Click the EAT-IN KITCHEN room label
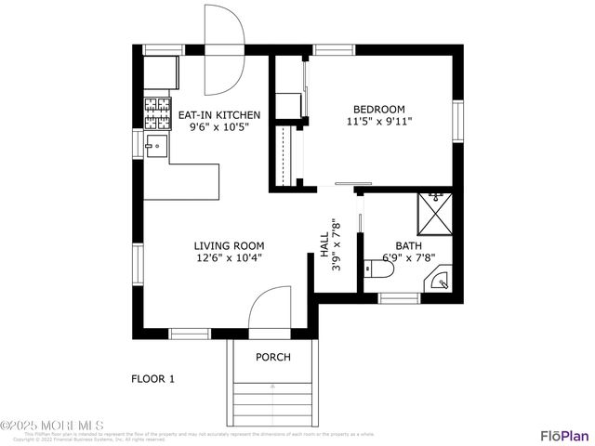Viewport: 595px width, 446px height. click(218, 115)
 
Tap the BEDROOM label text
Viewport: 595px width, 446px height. click(378, 107)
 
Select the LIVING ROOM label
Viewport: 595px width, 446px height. click(228, 246)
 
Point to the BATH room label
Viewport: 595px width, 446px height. click(409, 246)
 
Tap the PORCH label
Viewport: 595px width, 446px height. click(273, 358)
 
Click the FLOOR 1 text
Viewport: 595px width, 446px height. click(152, 378)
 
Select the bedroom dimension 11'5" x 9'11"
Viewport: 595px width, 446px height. click(378, 121)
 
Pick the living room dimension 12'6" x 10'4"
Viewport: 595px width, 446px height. click(228, 258)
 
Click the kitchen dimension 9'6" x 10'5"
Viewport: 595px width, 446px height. click(218, 128)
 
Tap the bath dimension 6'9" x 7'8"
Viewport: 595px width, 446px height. click(409, 258)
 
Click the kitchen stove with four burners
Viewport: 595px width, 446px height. click(157, 111)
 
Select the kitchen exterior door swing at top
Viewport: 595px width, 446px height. click(224, 51)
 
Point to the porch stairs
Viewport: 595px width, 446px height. click(272, 400)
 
